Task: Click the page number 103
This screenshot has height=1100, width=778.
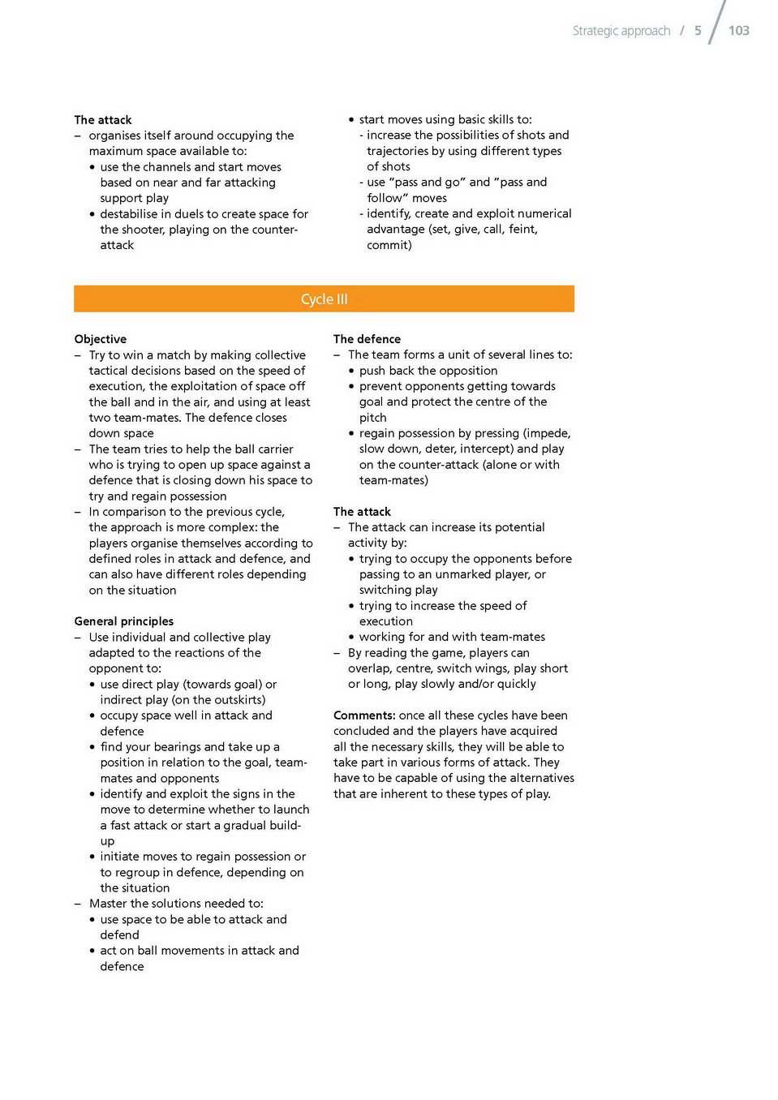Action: coord(738,31)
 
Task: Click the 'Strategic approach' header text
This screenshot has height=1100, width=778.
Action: coord(621,31)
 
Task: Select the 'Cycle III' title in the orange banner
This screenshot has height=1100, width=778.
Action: coord(324,299)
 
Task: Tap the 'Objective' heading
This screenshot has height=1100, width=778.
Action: coord(100,339)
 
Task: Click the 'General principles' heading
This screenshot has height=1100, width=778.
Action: coord(123,621)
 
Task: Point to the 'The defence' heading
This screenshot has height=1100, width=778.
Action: coord(367,339)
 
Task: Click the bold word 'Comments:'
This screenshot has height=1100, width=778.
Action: coord(364,715)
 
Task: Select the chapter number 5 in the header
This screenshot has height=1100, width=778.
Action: coord(698,31)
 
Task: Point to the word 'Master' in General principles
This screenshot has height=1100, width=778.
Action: coord(108,904)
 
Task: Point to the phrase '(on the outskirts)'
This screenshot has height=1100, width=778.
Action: coord(218,700)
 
